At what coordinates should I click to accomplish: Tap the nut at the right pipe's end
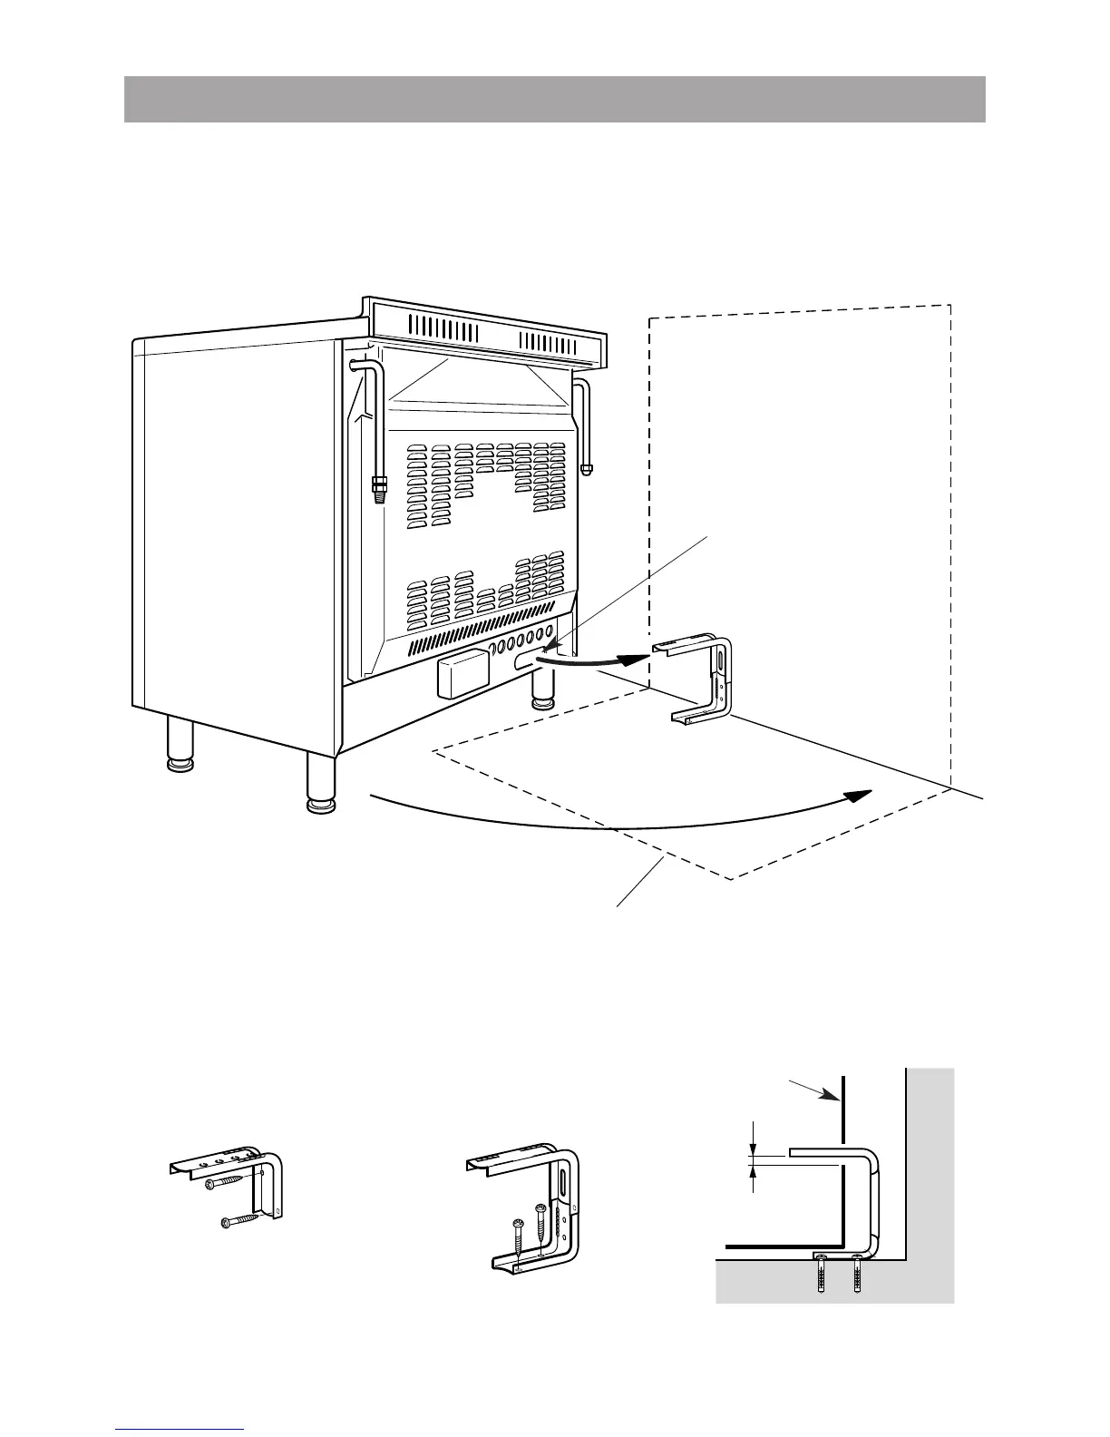click(x=587, y=469)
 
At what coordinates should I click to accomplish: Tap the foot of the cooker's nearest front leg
click(x=319, y=804)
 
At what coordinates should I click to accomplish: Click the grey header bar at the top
click(x=554, y=99)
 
